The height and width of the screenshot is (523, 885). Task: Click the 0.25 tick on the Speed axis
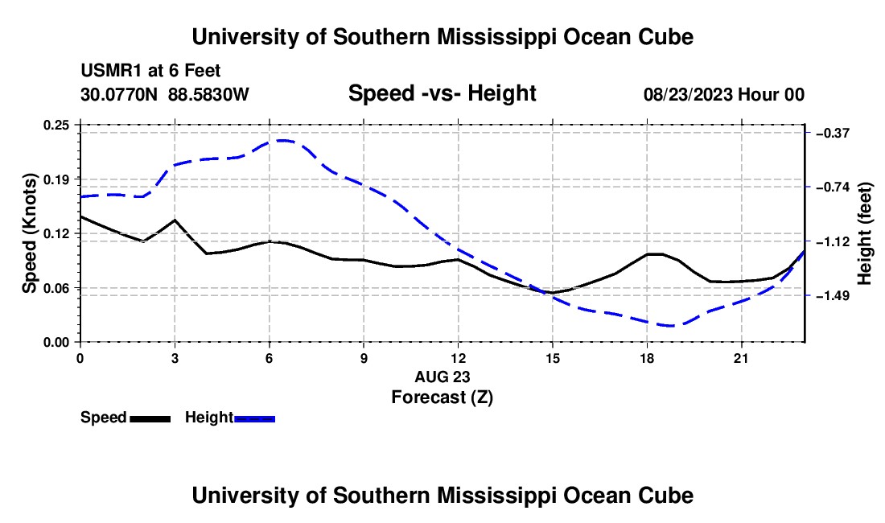pyautogui.click(x=56, y=125)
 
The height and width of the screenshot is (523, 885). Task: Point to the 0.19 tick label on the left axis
pyautogui.click(x=56, y=179)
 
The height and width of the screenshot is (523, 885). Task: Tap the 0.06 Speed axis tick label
pyautogui.click(x=56, y=288)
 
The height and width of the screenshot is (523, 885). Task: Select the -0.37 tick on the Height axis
pyautogui.click(x=833, y=133)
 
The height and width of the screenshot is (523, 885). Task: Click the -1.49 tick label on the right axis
pyautogui.click(x=833, y=295)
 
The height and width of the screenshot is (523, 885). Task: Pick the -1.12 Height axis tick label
pyautogui.click(x=833, y=242)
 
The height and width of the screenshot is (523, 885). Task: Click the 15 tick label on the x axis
pyautogui.click(x=553, y=358)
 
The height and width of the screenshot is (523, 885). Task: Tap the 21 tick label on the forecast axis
pyautogui.click(x=741, y=358)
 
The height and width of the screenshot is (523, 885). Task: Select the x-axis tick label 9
pyautogui.click(x=364, y=358)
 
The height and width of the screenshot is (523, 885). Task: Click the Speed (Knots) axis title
pyautogui.click(x=29, y=233)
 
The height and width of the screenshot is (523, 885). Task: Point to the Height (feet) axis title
pyautogui.click(x=865, y=233)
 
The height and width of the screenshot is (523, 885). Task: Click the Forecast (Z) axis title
pyautogui.click(x=442, y=397)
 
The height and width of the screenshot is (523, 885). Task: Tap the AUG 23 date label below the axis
pyautogui.click(x=442, y=377)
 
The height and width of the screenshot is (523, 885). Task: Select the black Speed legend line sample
pyautogui.click(x=150, y=419)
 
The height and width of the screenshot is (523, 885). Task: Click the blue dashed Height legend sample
pyautogui.click(x=254, y=419)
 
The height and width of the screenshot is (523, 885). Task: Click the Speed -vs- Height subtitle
pyautogui.click(x=442, y=93)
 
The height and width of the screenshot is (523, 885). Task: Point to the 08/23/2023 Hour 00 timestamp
pyautogui.click(x=724, y=94)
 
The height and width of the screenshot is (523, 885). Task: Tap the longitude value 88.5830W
pyautogui.click(x=208, y=94)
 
